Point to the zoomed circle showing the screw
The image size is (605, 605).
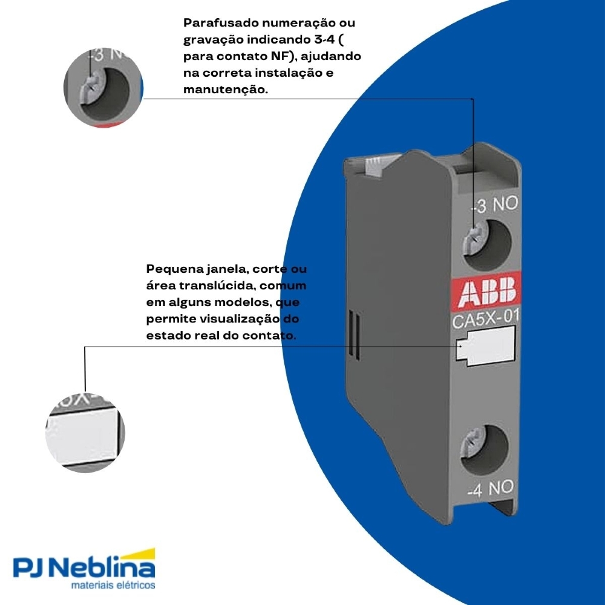103,88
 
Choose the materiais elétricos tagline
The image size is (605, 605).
113,586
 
